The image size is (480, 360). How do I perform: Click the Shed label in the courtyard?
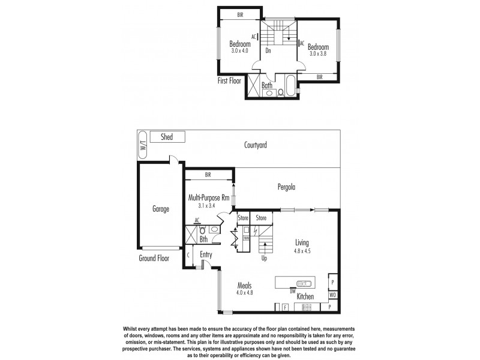167,137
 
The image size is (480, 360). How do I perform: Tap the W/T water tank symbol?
143,145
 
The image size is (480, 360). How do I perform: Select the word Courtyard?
255,145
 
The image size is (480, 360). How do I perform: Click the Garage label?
160,209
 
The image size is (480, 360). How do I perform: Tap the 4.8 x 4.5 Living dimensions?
301,251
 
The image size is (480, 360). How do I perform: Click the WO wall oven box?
332,295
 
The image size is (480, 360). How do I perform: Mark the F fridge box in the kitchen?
285,307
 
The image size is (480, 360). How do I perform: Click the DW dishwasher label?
293,291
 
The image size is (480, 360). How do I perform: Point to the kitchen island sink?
304,283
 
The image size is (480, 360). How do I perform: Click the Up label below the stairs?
264,258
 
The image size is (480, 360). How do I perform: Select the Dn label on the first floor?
268,51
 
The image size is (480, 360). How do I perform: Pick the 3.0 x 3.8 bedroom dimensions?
319,55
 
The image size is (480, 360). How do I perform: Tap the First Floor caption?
230,79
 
